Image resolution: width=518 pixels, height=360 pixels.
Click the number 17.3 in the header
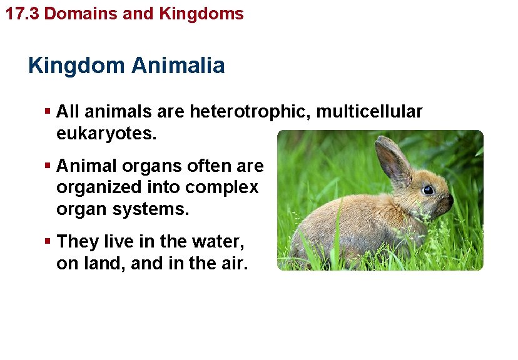(23, 13)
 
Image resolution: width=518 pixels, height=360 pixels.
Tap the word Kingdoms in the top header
(201, 13)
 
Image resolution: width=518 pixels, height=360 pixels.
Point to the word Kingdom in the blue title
(76, 66)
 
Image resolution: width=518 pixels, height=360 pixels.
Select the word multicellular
(370, 112)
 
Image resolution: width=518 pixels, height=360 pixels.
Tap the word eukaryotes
(106, 134)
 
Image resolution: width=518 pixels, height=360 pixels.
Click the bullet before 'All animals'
(48, 112)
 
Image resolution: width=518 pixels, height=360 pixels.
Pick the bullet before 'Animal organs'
(48, 166)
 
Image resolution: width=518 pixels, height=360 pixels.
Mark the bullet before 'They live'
(48, 242)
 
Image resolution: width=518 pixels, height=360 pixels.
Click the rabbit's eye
(428, 189)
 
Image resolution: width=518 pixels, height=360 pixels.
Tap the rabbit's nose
(450, 199)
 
